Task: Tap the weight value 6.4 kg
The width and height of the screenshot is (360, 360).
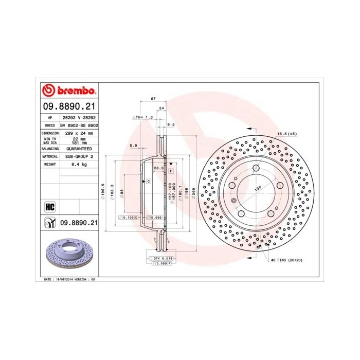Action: pos(79,164)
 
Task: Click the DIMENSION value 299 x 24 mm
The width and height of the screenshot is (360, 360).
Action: pos(79,133)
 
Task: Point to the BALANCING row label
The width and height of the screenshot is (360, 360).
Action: pos(50,148)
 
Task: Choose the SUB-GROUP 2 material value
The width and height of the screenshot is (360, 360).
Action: pos(79,156)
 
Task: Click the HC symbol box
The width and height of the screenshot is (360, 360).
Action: pos(50,207)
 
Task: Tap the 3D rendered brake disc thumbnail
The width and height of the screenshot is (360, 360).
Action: pos(69,254)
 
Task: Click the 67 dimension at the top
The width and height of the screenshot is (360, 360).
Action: pos(153,98)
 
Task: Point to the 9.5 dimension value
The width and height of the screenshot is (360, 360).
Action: pos(171,124)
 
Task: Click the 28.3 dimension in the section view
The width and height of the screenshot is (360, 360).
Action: pos(158,168)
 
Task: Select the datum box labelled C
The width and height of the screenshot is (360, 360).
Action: pos(148,182)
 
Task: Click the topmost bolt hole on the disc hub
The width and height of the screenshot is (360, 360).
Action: pos(256,167)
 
